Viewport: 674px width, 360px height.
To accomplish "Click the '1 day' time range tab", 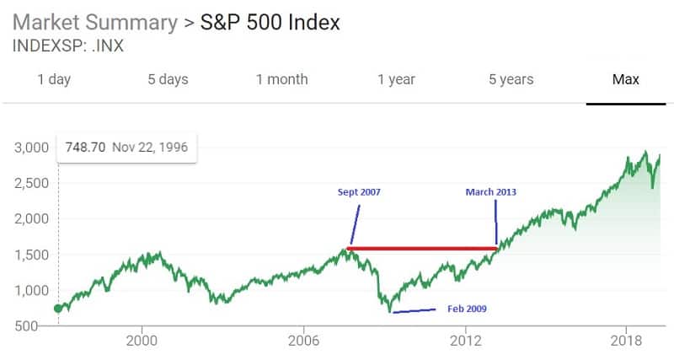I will click(54, 79).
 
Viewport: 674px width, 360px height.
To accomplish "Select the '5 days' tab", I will click(168, 79).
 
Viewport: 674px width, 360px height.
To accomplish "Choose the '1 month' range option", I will click(282, 79).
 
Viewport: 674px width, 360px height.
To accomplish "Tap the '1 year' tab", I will click(396, 79).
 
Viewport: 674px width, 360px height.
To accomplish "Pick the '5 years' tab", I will click(511, 79).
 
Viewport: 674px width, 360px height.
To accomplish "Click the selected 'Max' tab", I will click(625, 79).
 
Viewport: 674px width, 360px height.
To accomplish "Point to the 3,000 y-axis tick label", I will click(32, 148).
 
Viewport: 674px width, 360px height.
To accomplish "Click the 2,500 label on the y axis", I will click(32, 183).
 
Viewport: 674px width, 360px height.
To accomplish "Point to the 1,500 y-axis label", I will click(32, 255).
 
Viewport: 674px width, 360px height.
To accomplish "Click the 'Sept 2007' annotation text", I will click(358, 192).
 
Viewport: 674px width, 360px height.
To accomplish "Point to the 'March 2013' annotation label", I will click(491, 192).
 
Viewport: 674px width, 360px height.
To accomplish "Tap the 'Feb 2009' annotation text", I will click(466, 309).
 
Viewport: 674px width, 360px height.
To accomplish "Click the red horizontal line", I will click(421, 248).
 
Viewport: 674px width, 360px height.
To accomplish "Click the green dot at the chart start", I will click(58, 309).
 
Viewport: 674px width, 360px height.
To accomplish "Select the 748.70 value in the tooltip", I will click(85, 148).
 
